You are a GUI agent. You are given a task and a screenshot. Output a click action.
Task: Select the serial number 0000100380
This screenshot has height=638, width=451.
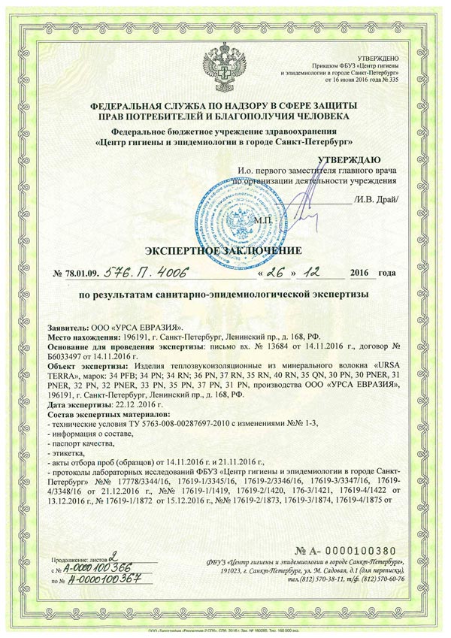[x=362, y=553]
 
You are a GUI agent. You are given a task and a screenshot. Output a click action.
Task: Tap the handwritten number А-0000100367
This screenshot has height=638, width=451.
[x=100, y=580]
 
